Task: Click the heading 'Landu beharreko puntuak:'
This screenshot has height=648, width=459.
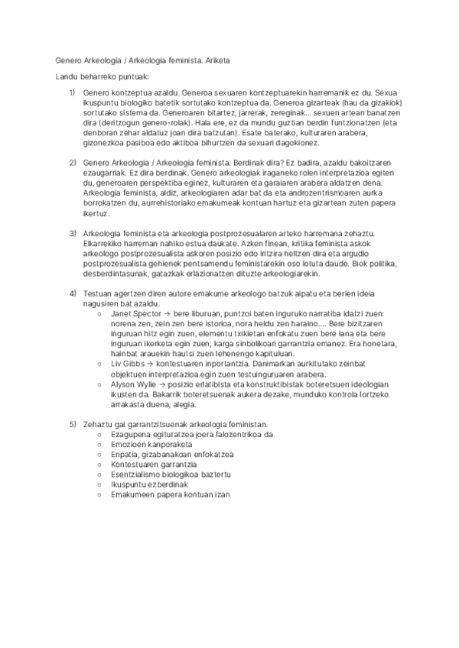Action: [103, 77]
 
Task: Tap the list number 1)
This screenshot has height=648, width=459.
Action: [72, 92]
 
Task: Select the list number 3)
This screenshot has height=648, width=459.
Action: [72, 232]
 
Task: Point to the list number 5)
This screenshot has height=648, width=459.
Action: [72, 423]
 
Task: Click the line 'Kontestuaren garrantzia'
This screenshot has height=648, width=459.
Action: [154, 464]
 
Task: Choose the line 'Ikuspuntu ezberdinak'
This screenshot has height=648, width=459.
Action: [150, 484]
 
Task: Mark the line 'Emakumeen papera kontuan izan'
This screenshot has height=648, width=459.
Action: [171, 494]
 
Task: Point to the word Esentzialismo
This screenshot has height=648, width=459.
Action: [138, 474]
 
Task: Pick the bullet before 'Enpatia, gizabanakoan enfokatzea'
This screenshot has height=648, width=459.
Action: [101, 454]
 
